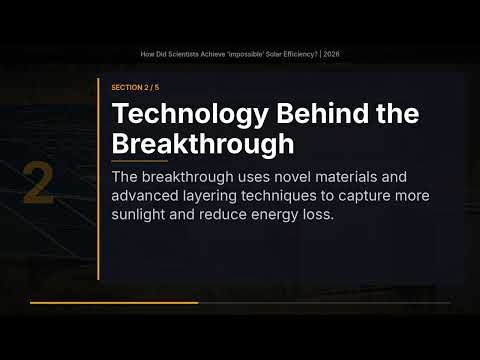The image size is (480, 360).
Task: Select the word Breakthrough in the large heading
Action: [202, 142]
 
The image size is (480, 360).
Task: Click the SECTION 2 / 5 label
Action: [137, 88]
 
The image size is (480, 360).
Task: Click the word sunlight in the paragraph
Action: [140, 213]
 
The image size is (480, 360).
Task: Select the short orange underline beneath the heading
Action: [139, 161]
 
